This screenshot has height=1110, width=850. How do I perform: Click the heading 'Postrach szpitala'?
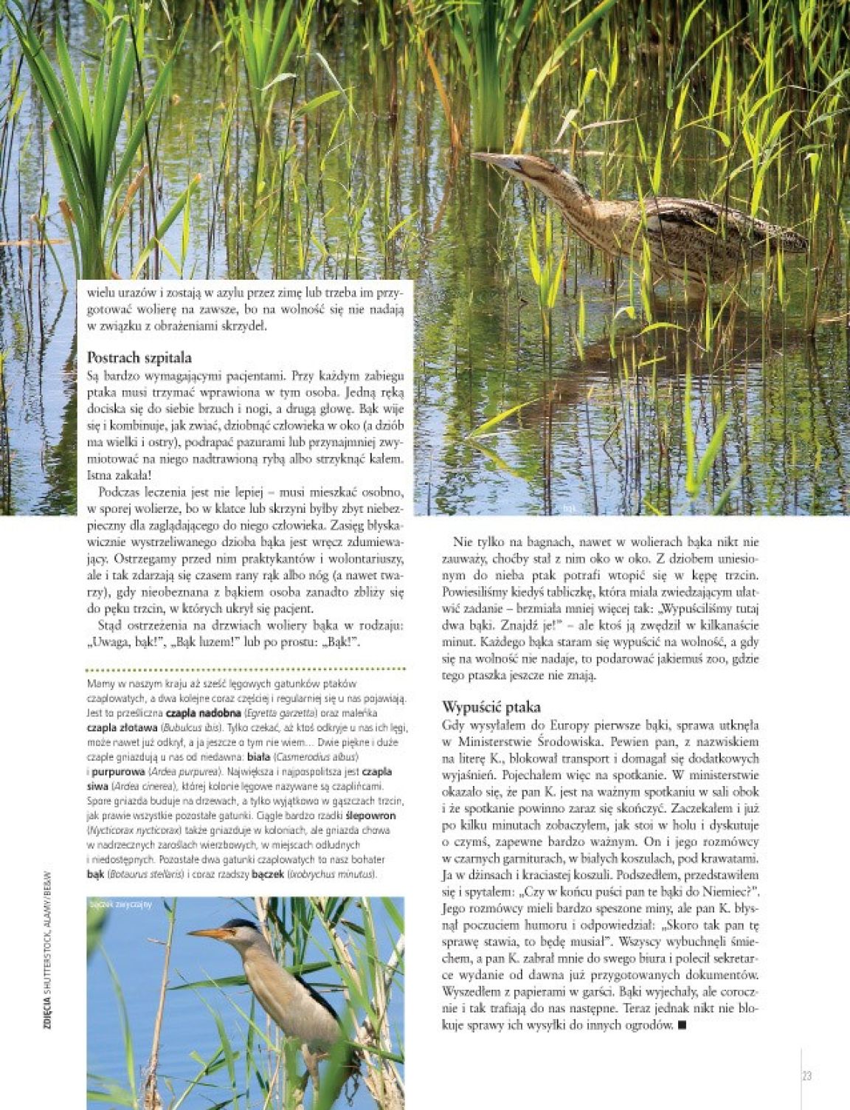pos(139,359)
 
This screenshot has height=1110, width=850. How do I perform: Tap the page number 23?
pos(806,1075)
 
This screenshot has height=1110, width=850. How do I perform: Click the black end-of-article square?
pos(681,1024)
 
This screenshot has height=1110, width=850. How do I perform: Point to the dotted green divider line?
pos(246,670)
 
